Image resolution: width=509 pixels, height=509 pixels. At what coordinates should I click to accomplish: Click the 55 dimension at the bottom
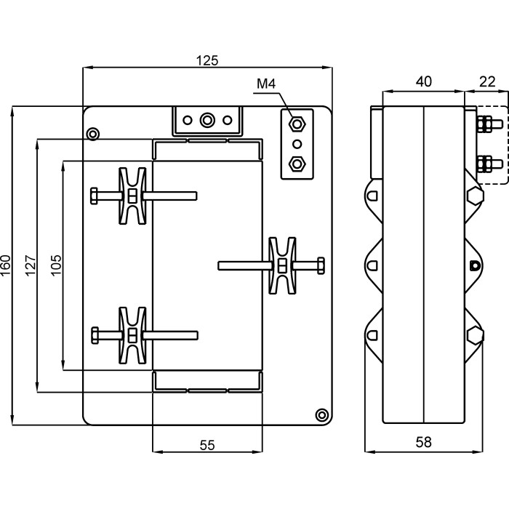tap(207, 446)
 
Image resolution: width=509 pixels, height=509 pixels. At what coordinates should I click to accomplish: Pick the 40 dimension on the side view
tap(423, 83)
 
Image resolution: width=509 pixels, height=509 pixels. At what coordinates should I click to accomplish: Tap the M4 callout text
tap(266, 85)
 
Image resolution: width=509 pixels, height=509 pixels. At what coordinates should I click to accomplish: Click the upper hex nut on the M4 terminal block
tap(296, 123)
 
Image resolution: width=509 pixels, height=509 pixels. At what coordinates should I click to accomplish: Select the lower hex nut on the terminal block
tap(296, 163)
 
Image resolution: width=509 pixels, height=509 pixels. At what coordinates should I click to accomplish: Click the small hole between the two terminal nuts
tap(296, 143)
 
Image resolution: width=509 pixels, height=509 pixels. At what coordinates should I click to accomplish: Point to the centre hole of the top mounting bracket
tap(207, 119)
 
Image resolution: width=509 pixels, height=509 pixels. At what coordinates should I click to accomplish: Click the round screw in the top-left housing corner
tap(92, 134)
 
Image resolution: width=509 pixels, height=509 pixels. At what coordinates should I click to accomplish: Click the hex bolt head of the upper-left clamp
tap(94, 196)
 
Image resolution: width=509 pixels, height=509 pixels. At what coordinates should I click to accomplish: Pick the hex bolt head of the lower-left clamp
tap(94, 335)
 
